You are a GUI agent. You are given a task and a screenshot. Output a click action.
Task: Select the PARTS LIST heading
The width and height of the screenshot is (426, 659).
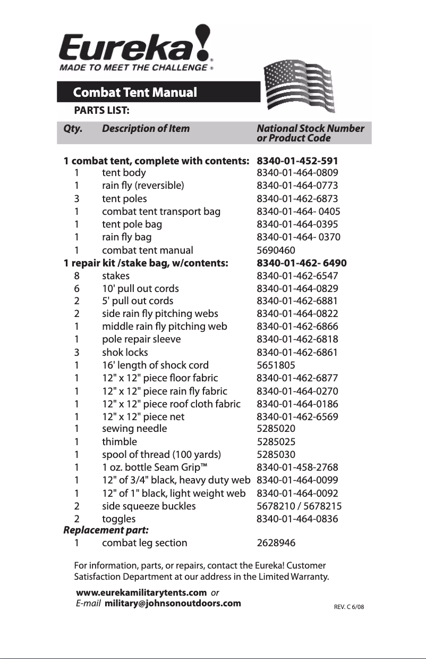tap(102, 111)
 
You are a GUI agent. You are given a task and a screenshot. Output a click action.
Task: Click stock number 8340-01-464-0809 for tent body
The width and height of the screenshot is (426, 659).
tap(297, 173)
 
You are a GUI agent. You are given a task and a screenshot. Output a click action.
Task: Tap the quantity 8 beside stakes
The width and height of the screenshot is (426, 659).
tap(77, 276)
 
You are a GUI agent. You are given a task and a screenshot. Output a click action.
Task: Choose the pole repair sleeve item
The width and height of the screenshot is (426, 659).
tap(141, 339)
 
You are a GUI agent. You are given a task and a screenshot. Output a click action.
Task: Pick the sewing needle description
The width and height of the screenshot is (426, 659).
tap(134, 429)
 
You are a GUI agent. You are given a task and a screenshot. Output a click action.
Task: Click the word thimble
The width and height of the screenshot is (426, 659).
tap(119, 441)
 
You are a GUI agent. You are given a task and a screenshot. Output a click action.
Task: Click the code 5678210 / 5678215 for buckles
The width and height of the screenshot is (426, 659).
tap(299, 506)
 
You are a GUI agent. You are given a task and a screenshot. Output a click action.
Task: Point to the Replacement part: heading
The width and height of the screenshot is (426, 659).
tap(106, 530)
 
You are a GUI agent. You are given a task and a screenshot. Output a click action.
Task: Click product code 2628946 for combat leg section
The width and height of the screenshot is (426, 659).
tap(276, 543)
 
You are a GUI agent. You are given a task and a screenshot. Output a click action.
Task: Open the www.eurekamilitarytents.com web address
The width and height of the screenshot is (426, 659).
tap(141, 593)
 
